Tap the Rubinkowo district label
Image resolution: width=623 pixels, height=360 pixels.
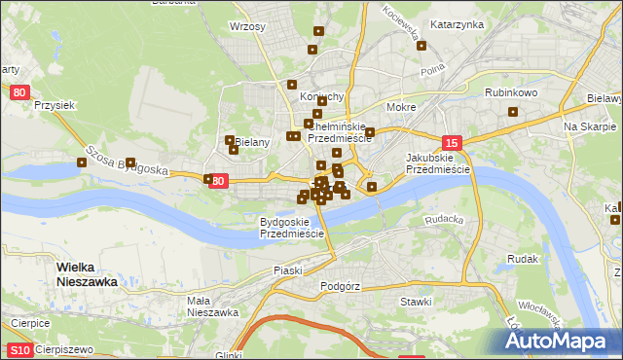pos(511,92)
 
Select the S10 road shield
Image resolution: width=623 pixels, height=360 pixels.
pos(18,349)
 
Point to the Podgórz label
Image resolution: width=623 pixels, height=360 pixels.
pos(340,287)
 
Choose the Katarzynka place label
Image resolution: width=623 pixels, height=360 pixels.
pos(457,24)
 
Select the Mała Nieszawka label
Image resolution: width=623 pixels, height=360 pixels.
pos(212,306)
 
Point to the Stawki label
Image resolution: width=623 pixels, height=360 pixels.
pos(416,302)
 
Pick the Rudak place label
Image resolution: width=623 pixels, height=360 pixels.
pos(524,259)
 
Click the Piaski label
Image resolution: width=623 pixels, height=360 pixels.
pos(289,270)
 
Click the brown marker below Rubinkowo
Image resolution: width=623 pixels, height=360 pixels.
pos(512,111)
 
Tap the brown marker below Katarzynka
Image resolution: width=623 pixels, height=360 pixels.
pos(421,45)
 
